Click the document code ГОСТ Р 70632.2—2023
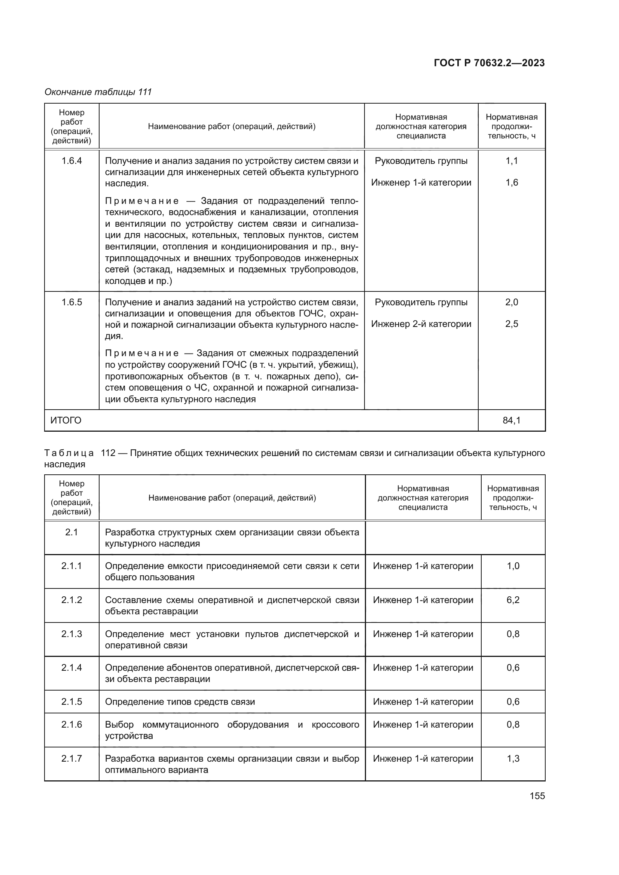point(489,63)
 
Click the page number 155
point(537,796)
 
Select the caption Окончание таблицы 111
point(98,92)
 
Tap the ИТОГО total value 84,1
point(512,420)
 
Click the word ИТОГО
point(66,420)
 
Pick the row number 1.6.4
point(71,161)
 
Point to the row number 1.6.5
point(71,302)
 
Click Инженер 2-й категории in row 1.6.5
point(421,324)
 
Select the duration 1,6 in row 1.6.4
point(512,183)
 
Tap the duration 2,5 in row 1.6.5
point(512,324)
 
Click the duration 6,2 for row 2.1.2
point(513,600)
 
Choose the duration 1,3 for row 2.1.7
point(513,758)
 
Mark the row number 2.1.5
point(71,701)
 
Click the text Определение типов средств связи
point(180,701)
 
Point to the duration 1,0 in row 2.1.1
point(513,566)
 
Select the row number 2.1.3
point(71,634)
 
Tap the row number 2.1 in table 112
point(71,532)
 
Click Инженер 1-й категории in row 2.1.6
point(423,725)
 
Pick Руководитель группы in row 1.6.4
point(421,161)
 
